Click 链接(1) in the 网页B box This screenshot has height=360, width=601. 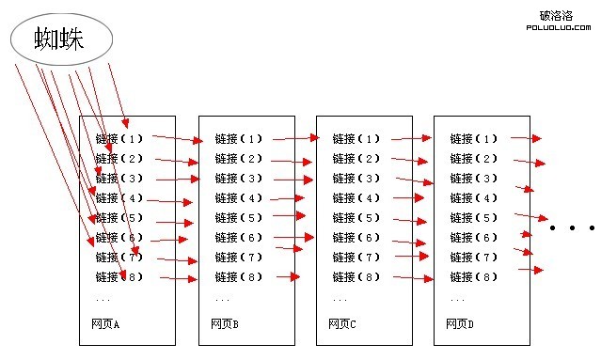pos(239,139)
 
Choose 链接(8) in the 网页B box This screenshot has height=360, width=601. pos(239,277)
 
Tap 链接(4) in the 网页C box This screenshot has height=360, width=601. pos(356,198)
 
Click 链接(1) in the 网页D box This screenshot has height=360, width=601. pos(474,139)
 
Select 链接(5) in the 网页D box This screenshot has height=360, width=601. pos(474,218)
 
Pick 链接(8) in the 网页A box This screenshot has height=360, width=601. pos(119,277)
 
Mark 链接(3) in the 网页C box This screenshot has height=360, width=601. pos(356,179)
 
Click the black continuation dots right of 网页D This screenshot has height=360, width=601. pos(573,227)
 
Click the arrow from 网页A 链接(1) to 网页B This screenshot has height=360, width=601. pos(178,139)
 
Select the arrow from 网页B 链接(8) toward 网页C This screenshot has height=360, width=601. pos(288,277)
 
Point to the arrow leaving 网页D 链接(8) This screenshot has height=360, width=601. pos(530,271)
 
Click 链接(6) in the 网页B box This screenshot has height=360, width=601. pos(239,238)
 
